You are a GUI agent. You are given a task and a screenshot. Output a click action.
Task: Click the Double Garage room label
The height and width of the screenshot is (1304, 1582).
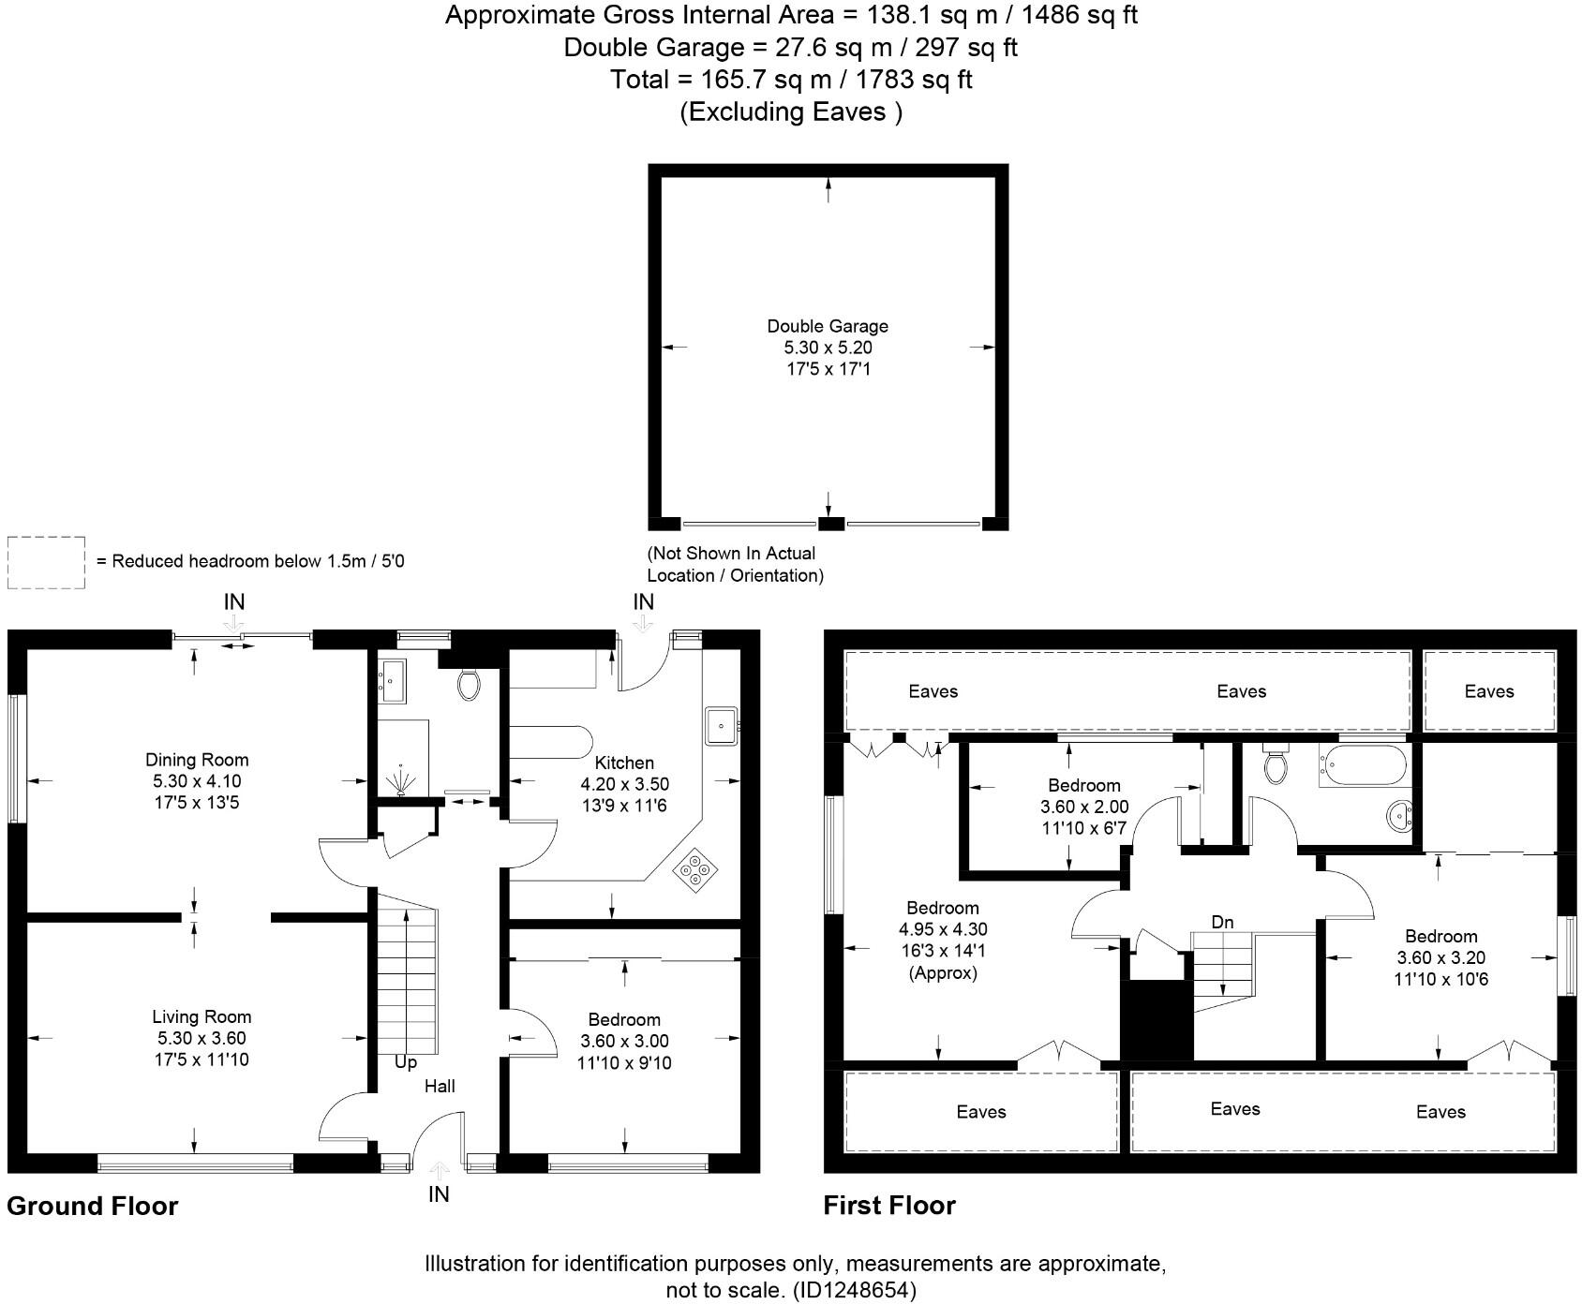pos(828,326)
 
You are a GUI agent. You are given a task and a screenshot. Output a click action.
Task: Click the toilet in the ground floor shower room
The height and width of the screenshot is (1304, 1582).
pos(469,684)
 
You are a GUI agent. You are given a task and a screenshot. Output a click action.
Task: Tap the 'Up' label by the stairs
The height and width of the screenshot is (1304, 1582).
pos(406,1062)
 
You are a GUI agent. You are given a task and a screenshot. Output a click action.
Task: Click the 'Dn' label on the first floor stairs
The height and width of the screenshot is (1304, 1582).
pos(1222,922)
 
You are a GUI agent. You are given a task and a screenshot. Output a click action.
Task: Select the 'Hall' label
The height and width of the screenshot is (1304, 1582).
pos(440,1086)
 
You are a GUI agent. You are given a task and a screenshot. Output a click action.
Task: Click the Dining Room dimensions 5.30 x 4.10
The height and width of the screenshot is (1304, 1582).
pos(197,780)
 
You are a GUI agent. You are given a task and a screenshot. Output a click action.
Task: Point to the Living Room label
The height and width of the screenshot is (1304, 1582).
pos(201,1016)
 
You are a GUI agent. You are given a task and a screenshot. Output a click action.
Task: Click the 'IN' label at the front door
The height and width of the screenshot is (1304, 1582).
pos(439,1193)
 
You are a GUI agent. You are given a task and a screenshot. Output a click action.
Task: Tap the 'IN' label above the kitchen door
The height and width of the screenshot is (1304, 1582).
pos(643,602)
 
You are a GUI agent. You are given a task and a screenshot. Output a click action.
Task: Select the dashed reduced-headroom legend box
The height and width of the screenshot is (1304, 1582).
pos(46,562)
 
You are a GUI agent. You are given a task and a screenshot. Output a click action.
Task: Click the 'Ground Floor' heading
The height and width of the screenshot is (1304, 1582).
pos(92,1206)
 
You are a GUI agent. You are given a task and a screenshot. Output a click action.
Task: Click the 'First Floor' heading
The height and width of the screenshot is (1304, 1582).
pos(889,1206)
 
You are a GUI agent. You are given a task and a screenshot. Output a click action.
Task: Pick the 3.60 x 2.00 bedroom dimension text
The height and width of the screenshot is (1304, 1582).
pos(1084,807)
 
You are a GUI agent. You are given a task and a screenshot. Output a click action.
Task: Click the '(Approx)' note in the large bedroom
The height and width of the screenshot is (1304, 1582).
pos(943,972)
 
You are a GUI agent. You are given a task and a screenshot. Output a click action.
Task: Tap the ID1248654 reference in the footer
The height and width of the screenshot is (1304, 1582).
pos(855,1290)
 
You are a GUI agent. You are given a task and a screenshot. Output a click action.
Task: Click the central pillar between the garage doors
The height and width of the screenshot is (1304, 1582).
pos(831,524)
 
